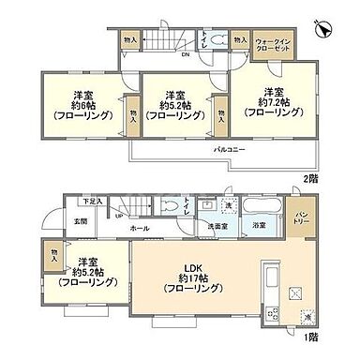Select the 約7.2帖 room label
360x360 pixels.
coord(272,102)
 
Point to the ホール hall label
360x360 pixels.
coord(139,229)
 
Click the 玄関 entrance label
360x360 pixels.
coord(80,222)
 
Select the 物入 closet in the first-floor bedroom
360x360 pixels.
coord(55,252)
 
